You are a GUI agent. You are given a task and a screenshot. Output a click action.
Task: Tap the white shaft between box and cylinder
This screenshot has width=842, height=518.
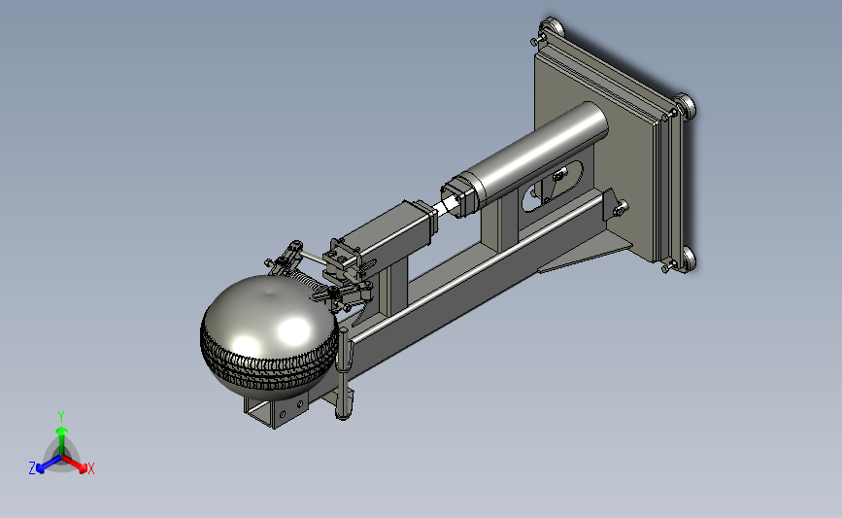[446, 207]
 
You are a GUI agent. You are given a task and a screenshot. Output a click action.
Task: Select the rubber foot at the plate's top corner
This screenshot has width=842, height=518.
[552, 27]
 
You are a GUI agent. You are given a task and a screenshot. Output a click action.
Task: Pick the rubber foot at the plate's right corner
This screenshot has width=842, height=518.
[685, 105]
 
